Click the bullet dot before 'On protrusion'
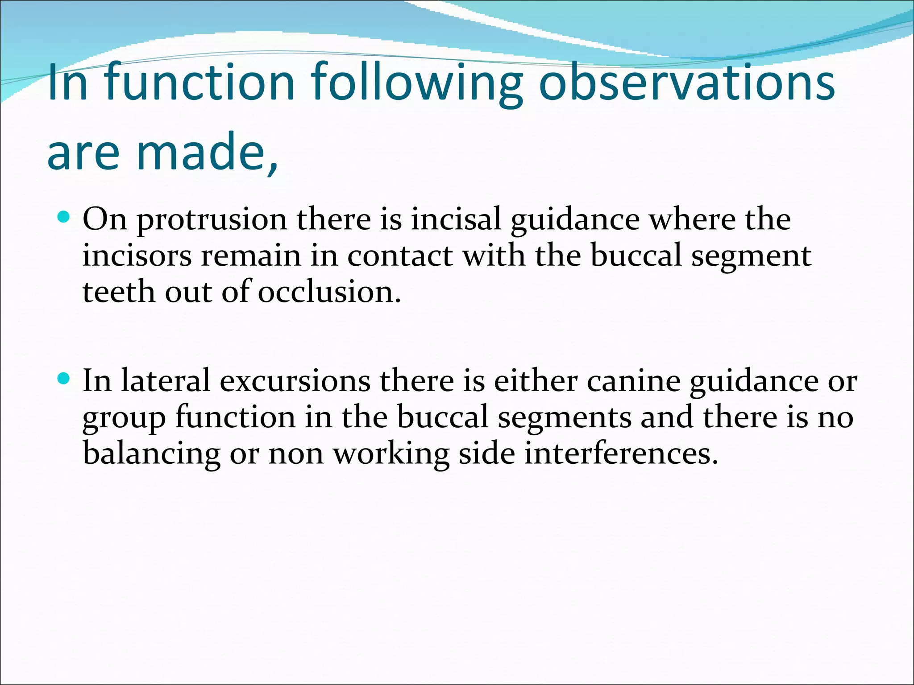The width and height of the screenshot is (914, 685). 64,218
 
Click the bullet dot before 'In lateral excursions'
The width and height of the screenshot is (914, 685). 64,379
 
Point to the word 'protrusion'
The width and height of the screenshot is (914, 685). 212,220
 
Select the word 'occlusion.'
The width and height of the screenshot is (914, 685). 329,292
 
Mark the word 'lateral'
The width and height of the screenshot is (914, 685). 165,381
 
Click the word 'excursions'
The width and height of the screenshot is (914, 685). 295,381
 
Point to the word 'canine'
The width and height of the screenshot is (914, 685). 633,381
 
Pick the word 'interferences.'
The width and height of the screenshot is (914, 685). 621,453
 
